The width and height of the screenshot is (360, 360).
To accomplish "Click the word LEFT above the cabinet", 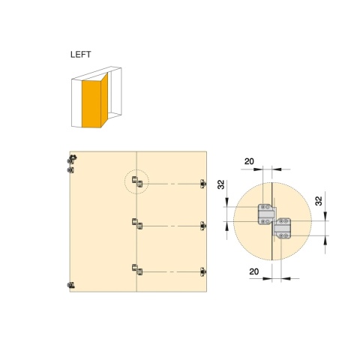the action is (80, 55).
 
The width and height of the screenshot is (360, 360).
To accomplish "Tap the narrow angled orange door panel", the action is (104, 100).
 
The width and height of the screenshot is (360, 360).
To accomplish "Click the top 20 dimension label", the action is (249, 161).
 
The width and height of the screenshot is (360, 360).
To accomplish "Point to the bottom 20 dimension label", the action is (254, 271).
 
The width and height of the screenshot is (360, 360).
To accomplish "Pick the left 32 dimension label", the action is (221, 184).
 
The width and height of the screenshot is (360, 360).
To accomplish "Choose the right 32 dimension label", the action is (319, 201).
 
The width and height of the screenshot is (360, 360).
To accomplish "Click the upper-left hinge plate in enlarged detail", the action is (266, 214).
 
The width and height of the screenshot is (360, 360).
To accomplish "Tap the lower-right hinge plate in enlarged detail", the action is (283, 229).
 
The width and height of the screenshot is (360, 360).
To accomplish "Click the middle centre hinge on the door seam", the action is (137, 223).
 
